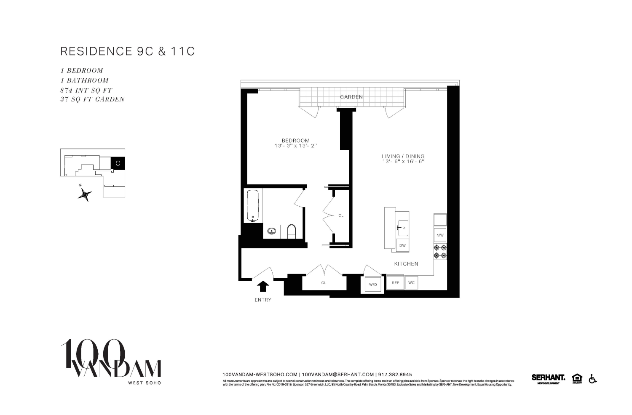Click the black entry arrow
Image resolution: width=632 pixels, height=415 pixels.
tap(263, 286)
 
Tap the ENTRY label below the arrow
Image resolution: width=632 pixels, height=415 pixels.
tap(263, 300)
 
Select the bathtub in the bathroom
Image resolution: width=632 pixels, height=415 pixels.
tap(252, 205)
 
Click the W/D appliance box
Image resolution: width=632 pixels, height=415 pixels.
tap(373, 285)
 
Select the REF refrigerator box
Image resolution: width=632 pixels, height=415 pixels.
tap(395, 283)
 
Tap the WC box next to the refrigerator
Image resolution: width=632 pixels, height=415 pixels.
tap(411, 283)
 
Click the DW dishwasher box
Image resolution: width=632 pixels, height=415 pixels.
tap(402, 245)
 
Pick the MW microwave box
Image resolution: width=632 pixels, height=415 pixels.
tap(440, 235)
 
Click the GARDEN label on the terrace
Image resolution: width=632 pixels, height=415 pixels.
tap(351, 97)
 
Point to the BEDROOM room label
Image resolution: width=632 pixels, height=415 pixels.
tap(295, 141)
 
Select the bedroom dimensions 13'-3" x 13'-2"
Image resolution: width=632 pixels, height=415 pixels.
tap(295, 146)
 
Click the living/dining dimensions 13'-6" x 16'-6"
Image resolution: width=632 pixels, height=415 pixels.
tap(403, 161)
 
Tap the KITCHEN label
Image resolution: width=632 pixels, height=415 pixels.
tap(406, 264)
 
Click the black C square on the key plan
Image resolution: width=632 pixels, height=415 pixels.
tap(118, 163)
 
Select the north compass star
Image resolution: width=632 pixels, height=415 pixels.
tap(86, 194)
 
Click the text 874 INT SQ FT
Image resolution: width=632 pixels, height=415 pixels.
tap(86, 90)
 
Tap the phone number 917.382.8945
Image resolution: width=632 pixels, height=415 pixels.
tap(395, 374)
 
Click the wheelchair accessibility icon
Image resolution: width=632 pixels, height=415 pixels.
tap(592, 379)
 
